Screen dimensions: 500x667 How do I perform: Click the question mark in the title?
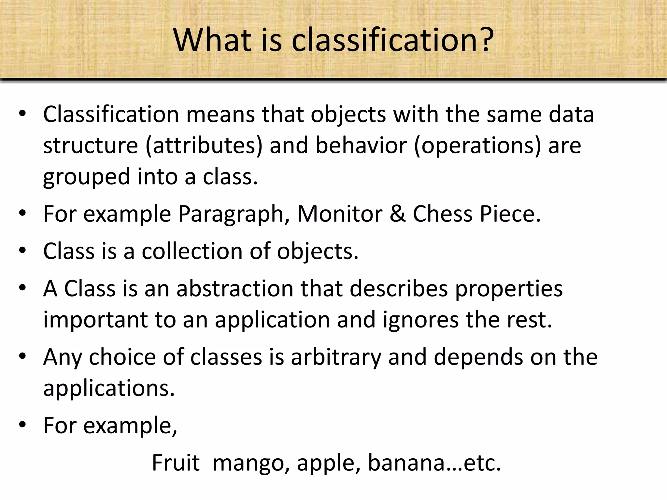tap(483, 40)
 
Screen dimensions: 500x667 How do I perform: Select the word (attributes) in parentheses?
tap(204, 146)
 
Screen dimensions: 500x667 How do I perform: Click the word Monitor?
tap(339, 214)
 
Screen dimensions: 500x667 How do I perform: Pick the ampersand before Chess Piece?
tap(397, 214)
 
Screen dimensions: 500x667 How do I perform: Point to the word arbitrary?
tap(336, 357)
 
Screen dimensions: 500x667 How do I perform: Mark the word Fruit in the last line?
tap(176, 463)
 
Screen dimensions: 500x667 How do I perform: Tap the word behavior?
tap(361, 146)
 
